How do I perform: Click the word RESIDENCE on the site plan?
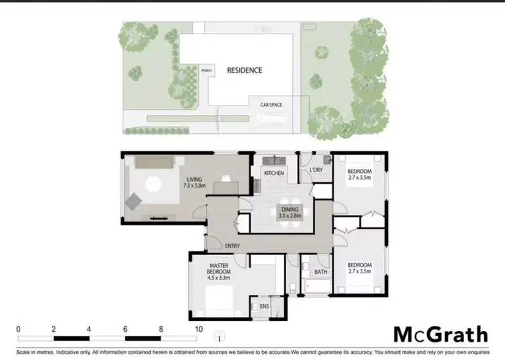(x=244, y=70)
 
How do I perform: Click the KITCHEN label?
(x=274, y=174)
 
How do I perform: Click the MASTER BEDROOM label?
(x=221, y=271)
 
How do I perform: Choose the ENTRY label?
(x=233, y=246)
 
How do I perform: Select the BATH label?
(x=321, y=273)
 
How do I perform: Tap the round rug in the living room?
(x=153, y=183)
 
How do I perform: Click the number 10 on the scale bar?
(x=198, y=329)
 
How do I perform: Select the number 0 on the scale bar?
(x=18, y=329)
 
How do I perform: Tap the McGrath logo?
(x=440, y=334)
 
